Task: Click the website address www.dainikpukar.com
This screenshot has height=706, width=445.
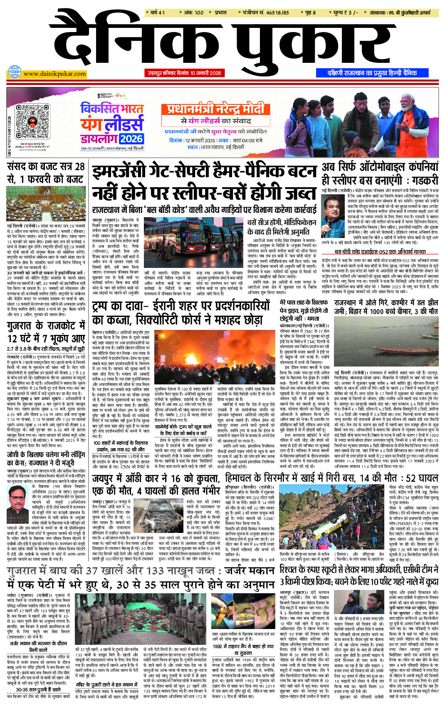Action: coord(54,74)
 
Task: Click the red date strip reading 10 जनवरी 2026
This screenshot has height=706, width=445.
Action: coord(185,73)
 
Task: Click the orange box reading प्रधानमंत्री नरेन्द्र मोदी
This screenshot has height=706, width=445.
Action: coord(215,109)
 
